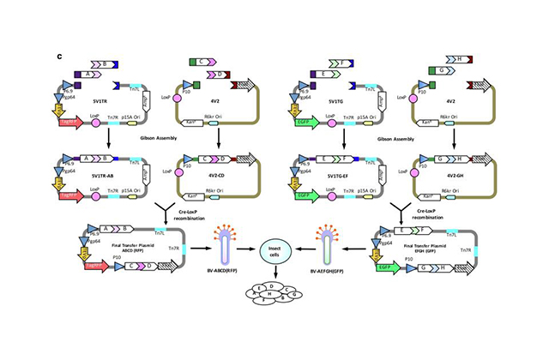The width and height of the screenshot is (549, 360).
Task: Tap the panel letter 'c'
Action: (57, 57)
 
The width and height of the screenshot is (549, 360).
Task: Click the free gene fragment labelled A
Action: (87, 75)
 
